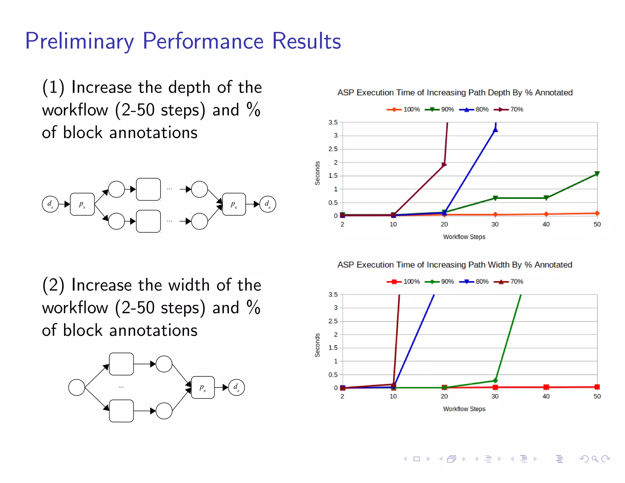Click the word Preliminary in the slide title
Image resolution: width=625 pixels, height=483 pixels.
(79, 41)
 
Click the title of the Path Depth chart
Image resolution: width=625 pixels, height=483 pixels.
(455, 93)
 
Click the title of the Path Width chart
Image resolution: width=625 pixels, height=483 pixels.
(455, 265)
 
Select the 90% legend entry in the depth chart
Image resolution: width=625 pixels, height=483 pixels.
(439, 109)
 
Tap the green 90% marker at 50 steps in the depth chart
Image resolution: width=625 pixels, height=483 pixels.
(597, 174)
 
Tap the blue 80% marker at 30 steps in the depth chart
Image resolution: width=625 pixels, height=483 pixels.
(495, 130)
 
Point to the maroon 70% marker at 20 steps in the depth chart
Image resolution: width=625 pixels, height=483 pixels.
(444, 165)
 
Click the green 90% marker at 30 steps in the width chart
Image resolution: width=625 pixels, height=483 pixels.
(495, 380)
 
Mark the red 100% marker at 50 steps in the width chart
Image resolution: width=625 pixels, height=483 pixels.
(597, 387)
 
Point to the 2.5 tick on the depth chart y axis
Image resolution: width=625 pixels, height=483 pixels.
(333, 149)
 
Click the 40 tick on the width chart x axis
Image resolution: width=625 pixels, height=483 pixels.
(546, 396)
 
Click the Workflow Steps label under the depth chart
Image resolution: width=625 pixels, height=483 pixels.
(464, 237)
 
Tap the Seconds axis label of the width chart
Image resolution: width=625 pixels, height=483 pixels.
(317, 345)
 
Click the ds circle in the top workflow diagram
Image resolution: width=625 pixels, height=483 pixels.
(50, 204)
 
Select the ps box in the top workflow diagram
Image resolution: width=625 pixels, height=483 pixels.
(82, 204)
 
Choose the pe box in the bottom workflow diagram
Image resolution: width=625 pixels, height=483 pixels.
(203, 387)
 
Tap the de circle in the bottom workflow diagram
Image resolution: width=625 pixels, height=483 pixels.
(236, 387)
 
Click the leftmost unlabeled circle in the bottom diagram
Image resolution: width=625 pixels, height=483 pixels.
(77, 387)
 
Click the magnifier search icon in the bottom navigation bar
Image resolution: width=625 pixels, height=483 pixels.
(594, 459)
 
